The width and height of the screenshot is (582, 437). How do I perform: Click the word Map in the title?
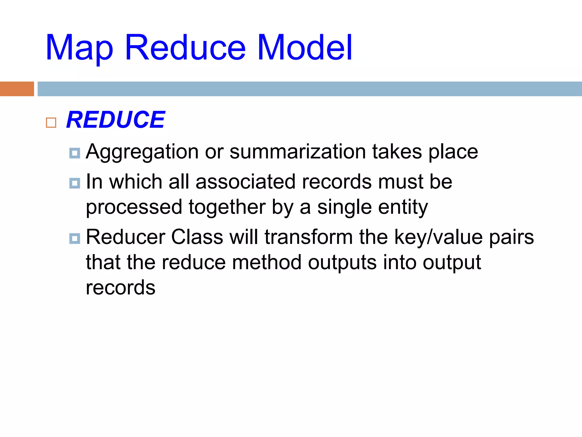coord(79,48)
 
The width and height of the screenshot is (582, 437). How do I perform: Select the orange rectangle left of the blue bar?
coord(17,89)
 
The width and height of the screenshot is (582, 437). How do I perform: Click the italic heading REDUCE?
coord(115,120)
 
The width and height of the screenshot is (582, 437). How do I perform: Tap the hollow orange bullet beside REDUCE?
coord(51,123)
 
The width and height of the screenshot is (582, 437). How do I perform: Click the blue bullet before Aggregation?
coord(75,153)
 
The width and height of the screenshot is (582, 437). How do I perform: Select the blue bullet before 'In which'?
coord(75,183)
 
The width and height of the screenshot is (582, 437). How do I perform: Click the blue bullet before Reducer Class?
coord(75,238)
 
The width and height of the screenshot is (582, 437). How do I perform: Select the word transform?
coord(308,237)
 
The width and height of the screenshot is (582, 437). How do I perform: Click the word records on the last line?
coord(120,287)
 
